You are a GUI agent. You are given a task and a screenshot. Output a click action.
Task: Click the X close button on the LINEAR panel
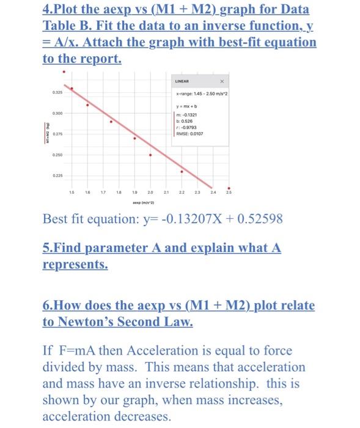coord(222,81)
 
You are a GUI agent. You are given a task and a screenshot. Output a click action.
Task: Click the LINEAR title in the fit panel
coord(182,81)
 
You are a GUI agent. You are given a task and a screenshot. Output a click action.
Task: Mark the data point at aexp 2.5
coord(229,188)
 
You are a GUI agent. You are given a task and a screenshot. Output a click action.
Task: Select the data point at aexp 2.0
coord(150,155)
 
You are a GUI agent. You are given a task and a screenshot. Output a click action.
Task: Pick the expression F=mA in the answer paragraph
coord(75,352)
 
